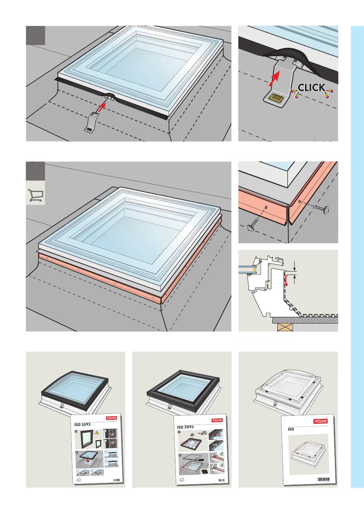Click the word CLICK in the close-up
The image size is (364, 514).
click(312, 88)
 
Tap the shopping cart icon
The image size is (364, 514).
click(36, 195)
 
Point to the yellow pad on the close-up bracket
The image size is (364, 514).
click(275, 97)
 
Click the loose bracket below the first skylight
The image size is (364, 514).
click(90, 122)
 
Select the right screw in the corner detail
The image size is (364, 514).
click(321, 208)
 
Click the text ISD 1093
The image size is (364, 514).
click(82, 425)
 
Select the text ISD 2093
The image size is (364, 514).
click(185, 427)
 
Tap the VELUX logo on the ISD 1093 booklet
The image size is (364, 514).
click(111, 418)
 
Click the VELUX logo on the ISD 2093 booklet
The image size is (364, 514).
click(217, 420)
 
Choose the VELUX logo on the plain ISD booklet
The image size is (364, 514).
click(320, 421)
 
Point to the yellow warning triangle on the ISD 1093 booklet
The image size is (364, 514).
click(97, 432)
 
